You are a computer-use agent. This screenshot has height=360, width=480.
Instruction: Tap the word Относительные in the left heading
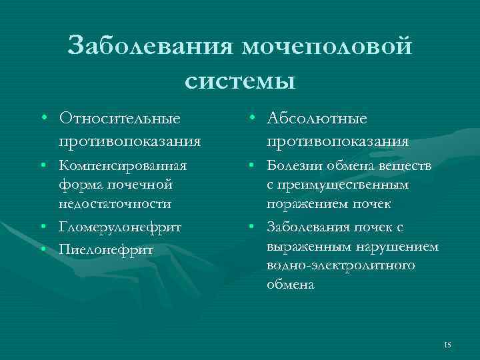click(119, 118)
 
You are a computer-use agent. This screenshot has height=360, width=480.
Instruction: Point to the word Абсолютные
click(317, 118)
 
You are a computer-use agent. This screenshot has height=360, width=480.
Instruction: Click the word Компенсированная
click(123, 165)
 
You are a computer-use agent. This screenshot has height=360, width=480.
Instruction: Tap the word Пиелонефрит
click(106, 249)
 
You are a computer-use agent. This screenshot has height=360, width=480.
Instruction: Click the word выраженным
click(303, 246)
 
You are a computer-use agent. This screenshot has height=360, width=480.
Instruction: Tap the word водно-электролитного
click(340, 265)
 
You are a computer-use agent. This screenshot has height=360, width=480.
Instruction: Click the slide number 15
click(447, 344)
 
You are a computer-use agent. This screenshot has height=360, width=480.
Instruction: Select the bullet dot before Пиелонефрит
click(43, 249)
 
